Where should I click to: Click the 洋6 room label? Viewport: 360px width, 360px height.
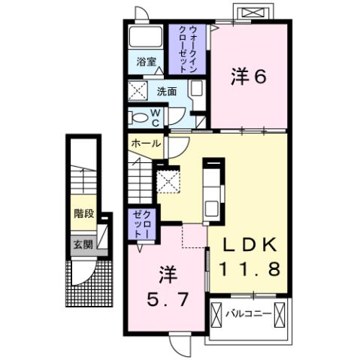[249, 77]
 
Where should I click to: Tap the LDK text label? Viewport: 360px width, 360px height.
[249, 244]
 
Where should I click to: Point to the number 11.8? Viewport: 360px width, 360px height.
[249, 268]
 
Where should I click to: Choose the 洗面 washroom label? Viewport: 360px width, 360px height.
[167, 92]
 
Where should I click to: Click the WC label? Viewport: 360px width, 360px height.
[156, 116]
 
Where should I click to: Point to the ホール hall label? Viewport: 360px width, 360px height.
[145, 143]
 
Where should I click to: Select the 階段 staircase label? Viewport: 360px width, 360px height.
[83, 213]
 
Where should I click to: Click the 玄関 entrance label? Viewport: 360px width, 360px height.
[83, 244]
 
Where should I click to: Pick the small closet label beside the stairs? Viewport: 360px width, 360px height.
[141, 223]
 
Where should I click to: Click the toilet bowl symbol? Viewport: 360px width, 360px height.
[138, 117]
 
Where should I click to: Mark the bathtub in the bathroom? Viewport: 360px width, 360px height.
[146, 38]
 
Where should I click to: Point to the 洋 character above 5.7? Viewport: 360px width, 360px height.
[167, 272]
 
